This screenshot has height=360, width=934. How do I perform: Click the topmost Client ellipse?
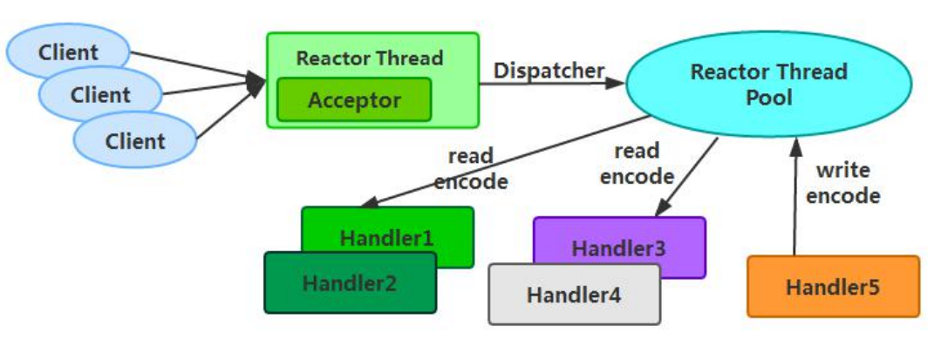(x=68, y=52)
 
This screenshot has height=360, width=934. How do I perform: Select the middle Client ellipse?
(x=100, y=94)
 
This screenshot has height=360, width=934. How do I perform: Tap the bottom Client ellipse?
(x=135, y=140)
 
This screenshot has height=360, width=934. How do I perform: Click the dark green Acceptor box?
(x=354, y=99)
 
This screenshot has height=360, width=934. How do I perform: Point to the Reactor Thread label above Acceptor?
(x=370, y=58)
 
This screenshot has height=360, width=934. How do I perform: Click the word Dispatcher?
(x=549, y=71)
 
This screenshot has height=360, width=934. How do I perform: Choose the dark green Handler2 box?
(x=350, y=282)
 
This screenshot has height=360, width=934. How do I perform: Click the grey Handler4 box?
(x=574, y=295)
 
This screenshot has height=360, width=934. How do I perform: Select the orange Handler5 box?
(x=833, y=286)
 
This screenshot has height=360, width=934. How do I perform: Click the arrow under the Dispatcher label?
(x=550, y=84)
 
